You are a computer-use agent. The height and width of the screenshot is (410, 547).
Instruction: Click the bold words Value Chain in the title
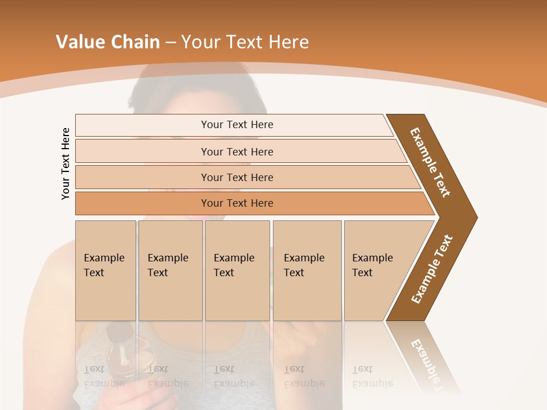coord(108,42)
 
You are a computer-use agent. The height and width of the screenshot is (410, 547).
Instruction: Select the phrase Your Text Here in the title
coord(245,42)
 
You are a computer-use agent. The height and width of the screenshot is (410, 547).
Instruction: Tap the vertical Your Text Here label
coord(66,163)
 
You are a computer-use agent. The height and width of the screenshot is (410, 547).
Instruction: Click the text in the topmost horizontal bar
coord(237,125)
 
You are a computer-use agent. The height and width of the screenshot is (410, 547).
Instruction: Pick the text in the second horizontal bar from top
coord(237,151)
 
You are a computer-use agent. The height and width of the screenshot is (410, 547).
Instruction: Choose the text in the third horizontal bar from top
coord(237,178)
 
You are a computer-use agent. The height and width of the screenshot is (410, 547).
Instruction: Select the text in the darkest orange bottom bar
coord(237,203)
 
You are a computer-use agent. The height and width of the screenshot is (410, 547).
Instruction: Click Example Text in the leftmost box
coord(104,265)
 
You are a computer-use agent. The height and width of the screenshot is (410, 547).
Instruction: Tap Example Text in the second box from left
coord(168,265)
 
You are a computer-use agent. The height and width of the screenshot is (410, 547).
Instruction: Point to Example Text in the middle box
coord(234,265)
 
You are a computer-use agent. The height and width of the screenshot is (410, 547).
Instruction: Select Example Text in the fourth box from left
coord(304,265)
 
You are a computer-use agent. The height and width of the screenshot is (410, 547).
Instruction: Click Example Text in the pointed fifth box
coord(372,265)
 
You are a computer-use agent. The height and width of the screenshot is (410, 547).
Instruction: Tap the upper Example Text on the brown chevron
coord(431,162)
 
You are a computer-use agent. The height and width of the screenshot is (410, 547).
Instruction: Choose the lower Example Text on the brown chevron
coord(432,269)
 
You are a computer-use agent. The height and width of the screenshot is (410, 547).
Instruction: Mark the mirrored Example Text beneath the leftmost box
coord(104,376)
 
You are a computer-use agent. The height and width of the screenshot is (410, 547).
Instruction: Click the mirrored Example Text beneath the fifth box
coord(372,376)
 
